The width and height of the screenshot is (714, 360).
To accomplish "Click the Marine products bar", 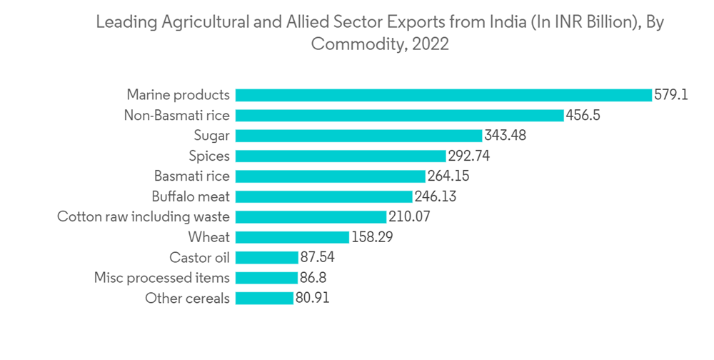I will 443,95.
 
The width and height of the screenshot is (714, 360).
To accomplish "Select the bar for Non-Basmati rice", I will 399,115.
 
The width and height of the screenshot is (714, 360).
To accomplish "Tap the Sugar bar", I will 358,135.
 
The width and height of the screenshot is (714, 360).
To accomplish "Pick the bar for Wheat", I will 292,237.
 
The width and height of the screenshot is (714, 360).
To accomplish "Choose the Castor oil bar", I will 266,257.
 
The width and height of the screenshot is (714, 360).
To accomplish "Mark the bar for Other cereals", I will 264,298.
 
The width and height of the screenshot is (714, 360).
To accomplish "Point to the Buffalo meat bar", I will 323,196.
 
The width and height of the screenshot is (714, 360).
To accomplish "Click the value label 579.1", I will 671,95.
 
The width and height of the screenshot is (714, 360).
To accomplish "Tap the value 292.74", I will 468,156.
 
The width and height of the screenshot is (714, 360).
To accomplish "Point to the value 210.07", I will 410,216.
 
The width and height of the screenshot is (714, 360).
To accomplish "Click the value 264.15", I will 448,176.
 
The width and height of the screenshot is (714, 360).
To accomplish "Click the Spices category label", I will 209,156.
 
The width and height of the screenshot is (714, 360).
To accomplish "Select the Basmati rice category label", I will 192,176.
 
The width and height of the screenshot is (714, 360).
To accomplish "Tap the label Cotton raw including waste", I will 144,216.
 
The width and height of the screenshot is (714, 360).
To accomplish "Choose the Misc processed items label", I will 162,278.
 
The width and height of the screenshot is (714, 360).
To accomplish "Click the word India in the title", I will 508,22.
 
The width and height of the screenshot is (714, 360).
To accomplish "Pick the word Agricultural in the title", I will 206,22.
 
